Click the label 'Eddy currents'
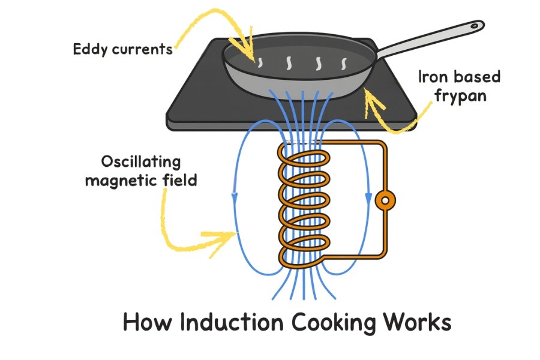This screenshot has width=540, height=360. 122,49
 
